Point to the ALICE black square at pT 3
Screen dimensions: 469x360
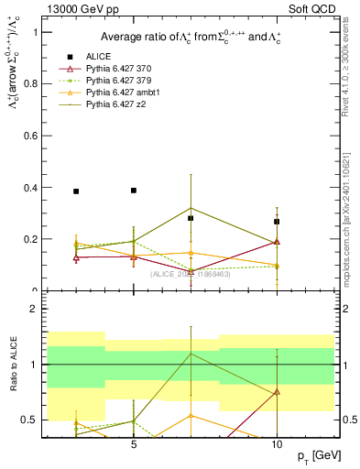[x=76, y=191]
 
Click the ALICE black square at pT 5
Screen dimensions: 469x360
[x=134, y=191]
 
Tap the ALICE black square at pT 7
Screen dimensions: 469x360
[x=191, y=218]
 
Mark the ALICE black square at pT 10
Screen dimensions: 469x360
[x=277, y=222]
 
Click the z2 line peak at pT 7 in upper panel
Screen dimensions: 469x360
[x=191, y=208]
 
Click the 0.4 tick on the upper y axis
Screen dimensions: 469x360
[x=32, y=188]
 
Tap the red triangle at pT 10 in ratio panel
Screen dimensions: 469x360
[x=277, y=392]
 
